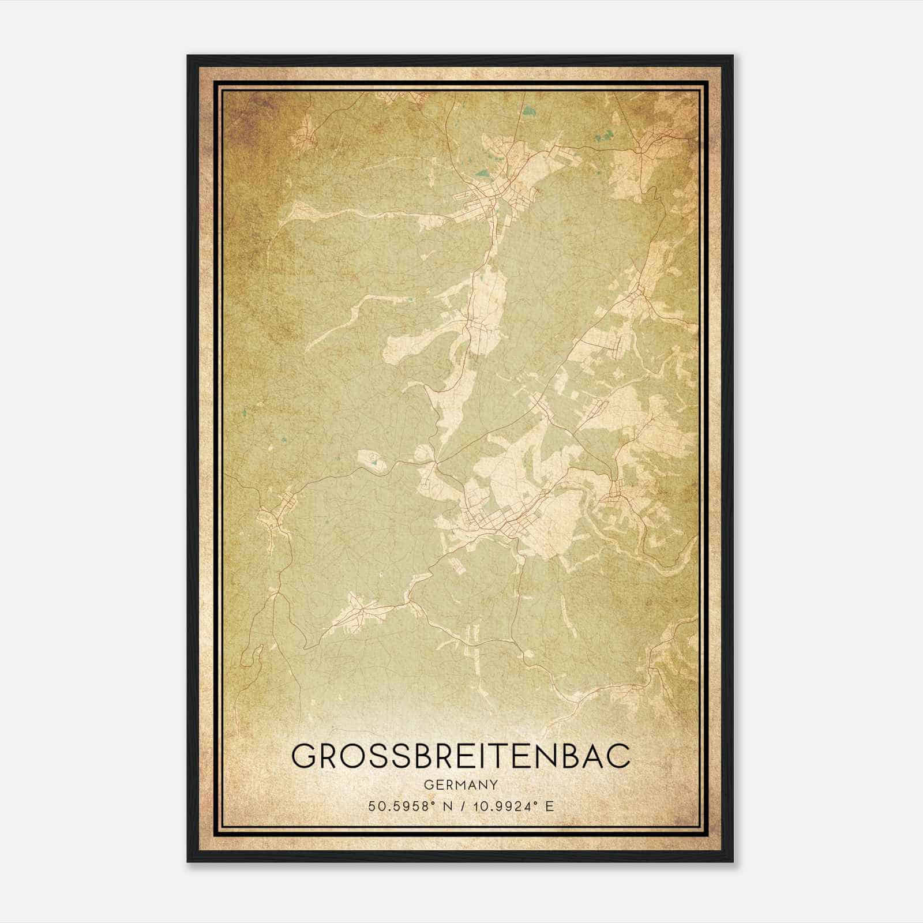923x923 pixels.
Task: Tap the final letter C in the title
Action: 617,756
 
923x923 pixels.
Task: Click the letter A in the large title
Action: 588,756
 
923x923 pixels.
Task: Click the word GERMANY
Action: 461,785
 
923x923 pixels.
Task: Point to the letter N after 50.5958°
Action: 445,806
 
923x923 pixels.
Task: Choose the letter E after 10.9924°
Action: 549,806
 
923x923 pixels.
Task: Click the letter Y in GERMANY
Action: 494,785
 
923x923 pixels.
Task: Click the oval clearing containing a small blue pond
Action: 372,461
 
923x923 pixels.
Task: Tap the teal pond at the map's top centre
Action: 529,109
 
